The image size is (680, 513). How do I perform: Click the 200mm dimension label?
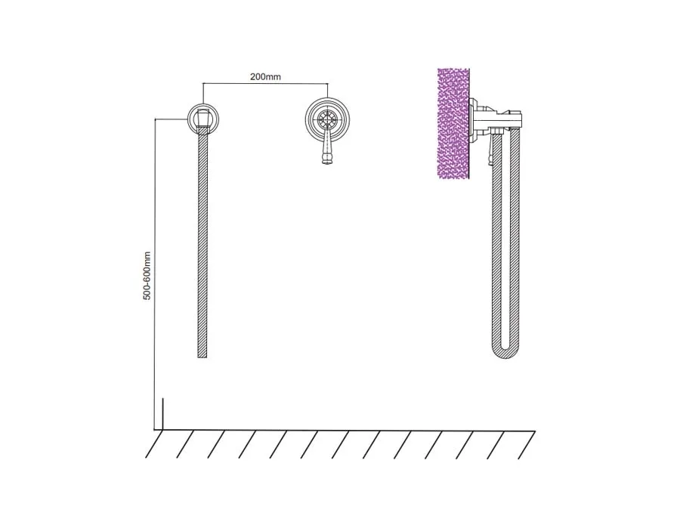pos(265,77)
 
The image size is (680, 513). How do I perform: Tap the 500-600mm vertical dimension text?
pos(147,276)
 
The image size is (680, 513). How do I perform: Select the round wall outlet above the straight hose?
pos(203,119)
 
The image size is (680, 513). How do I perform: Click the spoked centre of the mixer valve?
pos(327,119)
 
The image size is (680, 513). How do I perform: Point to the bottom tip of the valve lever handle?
pos(327,163)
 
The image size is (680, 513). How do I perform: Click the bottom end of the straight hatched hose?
pos(202,356)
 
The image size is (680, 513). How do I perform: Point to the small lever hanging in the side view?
pos(491,150)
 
